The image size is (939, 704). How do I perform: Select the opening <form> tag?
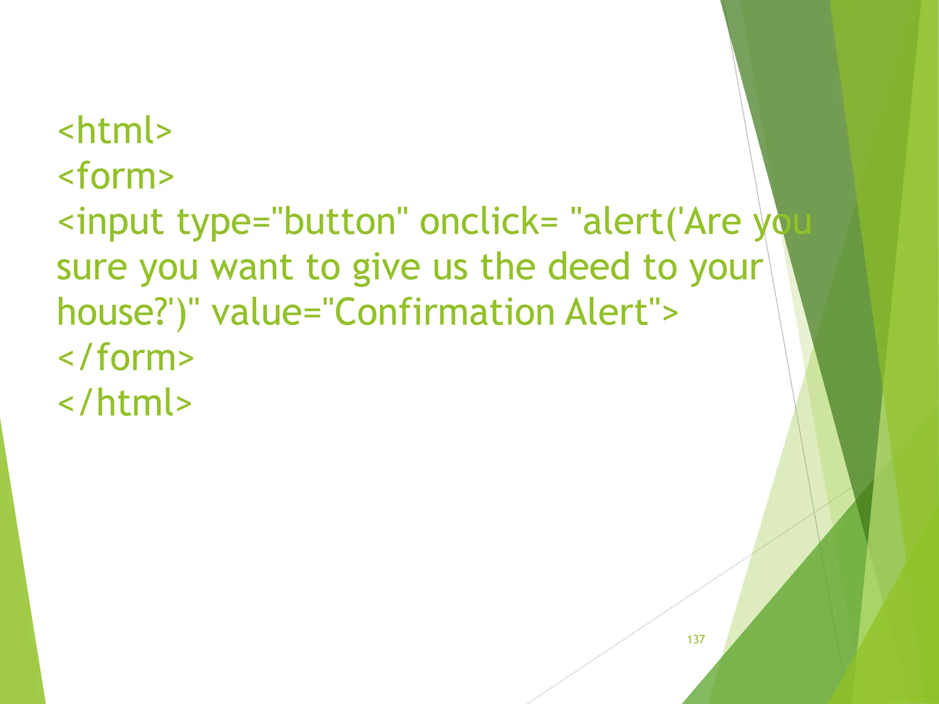(116, 176)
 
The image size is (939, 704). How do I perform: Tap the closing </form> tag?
(126, 357)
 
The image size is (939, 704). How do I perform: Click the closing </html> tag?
(125, 403)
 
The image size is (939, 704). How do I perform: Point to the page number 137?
(696, 639)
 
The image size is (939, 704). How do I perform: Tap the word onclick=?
(489, 222)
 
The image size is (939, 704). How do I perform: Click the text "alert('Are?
(656, 222)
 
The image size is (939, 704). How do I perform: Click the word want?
(251, 268)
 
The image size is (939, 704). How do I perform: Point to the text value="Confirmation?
(383, 312)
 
